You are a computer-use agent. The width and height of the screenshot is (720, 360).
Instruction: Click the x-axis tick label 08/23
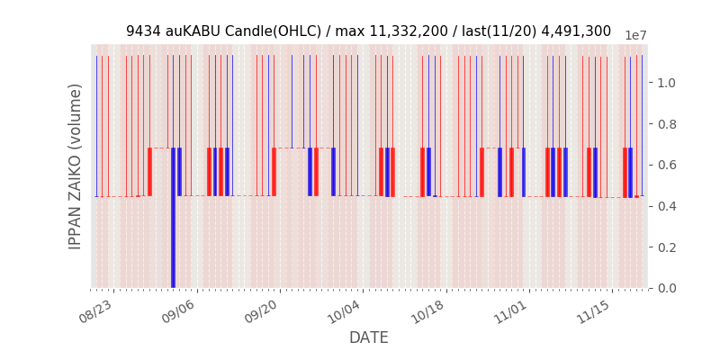tap(95, 311)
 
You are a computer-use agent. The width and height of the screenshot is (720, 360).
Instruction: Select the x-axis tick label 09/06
tap(178, 311)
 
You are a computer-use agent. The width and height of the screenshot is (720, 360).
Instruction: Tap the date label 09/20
tap(261, 311)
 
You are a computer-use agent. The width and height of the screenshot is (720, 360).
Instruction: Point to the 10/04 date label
tap(344, 311)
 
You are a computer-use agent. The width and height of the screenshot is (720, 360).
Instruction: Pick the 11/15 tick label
tap(593, 311)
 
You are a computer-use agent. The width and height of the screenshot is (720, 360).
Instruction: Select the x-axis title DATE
tap(369, 338)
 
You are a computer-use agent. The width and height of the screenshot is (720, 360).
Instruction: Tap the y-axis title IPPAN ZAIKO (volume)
tap(76, 166)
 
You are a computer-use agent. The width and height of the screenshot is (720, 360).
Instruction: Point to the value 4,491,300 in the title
tap(576, 31)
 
